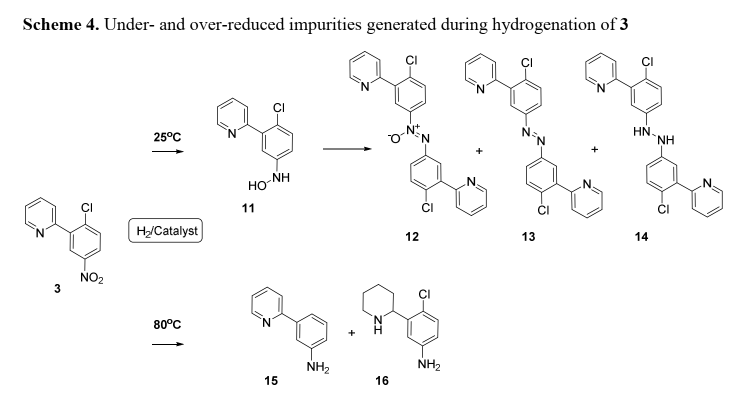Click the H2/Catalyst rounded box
point(165,230)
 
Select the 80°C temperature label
point(167,324)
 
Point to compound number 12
point(412,237)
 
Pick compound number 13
point(528,237)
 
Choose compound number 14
point(641,237)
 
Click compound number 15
point(271,381)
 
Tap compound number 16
point(381,381)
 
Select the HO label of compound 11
point(256,187)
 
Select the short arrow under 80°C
point(167,344)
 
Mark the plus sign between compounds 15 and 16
point(351,333)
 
